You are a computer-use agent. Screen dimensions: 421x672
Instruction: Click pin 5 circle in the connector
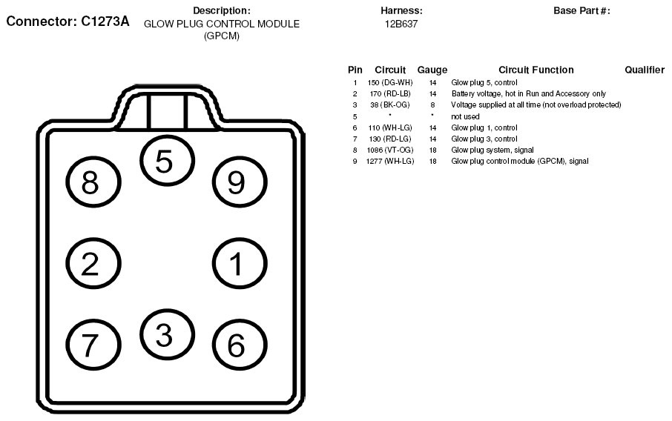click(x=166, y=162)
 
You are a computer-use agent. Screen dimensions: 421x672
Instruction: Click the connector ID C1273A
click(x=105, y=21)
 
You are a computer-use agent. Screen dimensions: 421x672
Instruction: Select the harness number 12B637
click(x=401, y=24)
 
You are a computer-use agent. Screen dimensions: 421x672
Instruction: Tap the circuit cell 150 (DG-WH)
click(x=390, y=82)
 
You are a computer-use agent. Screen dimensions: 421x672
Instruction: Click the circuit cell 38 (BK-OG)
click(x=390, y=105)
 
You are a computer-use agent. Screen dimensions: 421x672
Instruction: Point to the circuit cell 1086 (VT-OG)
click(x=390, y=150)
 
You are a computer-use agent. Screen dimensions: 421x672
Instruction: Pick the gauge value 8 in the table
click(x=432, y=105)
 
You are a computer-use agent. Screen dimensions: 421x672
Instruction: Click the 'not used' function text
click(x=465, y=116)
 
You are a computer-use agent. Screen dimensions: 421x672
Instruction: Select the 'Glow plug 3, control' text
click(x=484, y=139)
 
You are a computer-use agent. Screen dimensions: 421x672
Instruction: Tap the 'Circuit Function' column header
click(x=536, y=70)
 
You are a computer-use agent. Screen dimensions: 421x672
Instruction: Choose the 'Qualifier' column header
click(x=644, y=70)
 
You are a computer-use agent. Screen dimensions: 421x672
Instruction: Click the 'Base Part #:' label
click(x=582, y=10)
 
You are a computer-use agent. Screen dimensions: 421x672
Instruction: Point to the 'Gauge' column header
click(x=432, y=70)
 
